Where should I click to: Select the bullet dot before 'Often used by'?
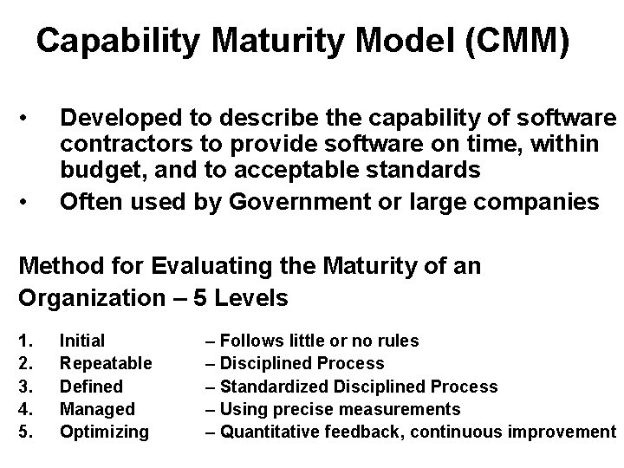click(x=29, y=202)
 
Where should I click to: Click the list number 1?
click(x=25, y=341)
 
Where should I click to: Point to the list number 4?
click(x=25, y=408)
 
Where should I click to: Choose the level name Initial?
click(x=82, y=341)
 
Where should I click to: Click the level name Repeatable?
click(x=106, y=363)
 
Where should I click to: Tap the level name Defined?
click(x=91, y=386)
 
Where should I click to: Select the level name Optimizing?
click(x=104, y=431)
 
